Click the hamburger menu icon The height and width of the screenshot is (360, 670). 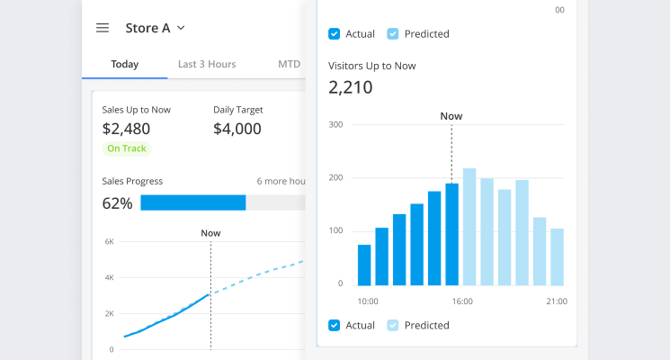tap(103, 28)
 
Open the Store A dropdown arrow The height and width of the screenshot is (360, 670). tap(181, 28)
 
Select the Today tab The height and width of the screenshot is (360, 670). tap(124, 64)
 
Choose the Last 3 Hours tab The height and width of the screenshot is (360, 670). tap(207, 64)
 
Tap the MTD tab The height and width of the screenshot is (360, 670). tap(289, 64)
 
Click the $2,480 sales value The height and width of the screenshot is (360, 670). tap(126, 129)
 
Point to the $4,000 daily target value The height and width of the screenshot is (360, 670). tap(237, 129)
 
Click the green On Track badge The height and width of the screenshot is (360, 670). tap(127, 148)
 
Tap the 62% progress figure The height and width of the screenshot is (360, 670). tap(117, 203)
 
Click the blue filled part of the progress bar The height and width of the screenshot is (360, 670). tap(192, 203)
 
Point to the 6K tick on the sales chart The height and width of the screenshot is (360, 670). tap(109, 242)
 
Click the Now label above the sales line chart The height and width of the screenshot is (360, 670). tap(210, 233)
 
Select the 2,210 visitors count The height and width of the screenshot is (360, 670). tap(351, 87)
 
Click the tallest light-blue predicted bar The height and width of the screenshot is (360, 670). tap(469, 226)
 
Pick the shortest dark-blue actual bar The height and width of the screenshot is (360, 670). tap(364, 265)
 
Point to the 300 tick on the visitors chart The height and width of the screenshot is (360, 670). tap(336, 124)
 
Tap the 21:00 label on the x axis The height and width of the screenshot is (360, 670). tap(557, 301)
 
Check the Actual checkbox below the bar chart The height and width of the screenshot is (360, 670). tap(335, 325)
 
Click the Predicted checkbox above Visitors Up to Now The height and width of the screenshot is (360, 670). tap(392, 34)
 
